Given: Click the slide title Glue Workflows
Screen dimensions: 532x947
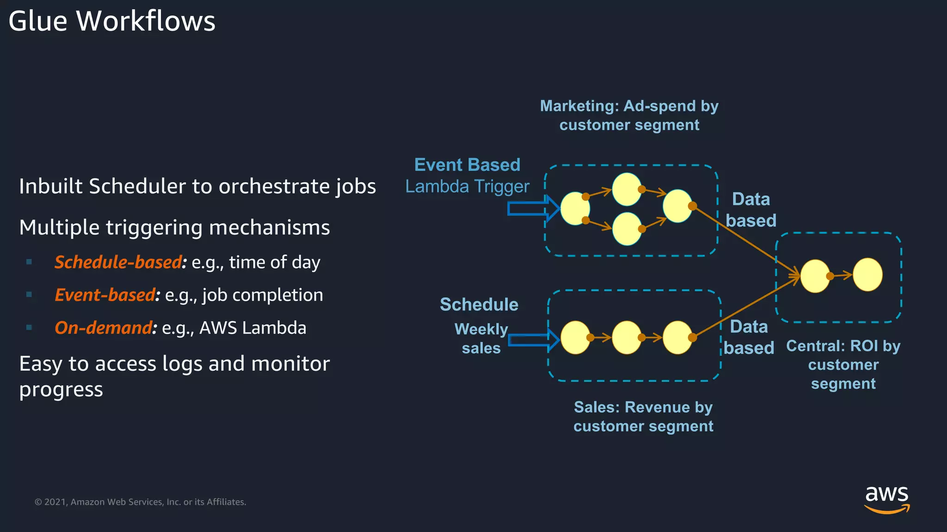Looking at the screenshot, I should point(112,21).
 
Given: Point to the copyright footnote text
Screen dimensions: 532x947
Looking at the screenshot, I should point(140,502).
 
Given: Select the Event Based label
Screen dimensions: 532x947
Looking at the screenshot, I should point(467,165).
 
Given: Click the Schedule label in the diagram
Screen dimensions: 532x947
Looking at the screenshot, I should point(479,305).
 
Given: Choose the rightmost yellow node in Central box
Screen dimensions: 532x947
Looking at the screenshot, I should point(867,275).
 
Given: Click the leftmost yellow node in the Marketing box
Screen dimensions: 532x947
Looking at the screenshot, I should point(575,209).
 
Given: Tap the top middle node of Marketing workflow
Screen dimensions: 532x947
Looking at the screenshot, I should point(627,189).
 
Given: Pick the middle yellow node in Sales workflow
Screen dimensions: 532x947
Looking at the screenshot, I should point(627,338).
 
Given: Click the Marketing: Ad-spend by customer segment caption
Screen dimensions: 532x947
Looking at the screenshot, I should point(629,115).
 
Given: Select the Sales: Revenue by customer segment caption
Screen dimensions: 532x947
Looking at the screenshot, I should point(643,417).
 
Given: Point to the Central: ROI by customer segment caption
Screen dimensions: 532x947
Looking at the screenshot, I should point(843,365).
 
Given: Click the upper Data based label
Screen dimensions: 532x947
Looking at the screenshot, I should point(751,210).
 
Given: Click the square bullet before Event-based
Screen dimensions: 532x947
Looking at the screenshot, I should point(29,295).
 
